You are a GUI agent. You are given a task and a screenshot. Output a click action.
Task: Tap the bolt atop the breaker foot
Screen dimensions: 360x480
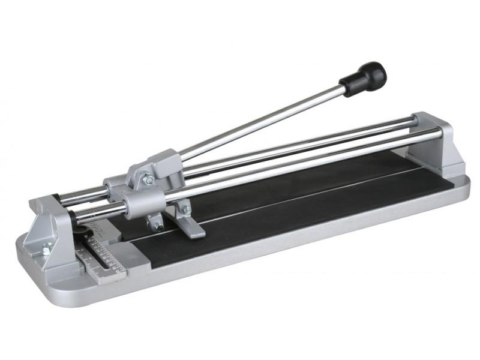[x=185, y=210]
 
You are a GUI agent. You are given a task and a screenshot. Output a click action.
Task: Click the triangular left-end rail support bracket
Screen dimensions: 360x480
[x=51, y=228]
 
